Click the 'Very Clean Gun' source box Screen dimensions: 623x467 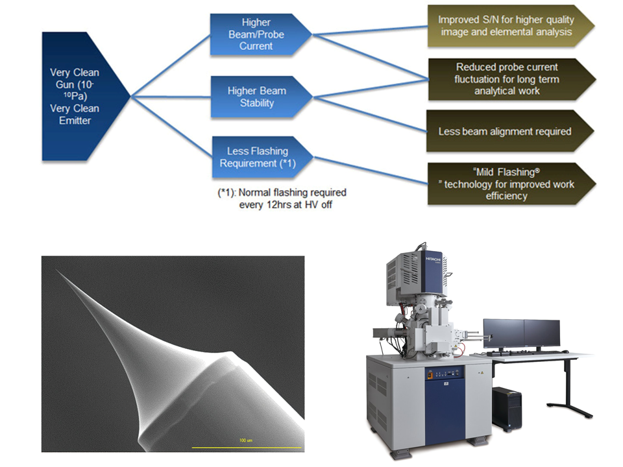click(x=79, y=97)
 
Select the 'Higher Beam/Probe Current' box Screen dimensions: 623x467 click(x=258, y=34)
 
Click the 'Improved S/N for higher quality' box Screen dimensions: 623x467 click(x=509, y=26)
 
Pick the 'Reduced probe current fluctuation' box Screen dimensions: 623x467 click(x=510, y=79)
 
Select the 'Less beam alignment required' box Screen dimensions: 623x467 click(x=509, y=131)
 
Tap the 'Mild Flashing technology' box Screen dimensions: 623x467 click(x=510, y=184)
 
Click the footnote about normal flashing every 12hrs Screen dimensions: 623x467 click(x=282, y=198)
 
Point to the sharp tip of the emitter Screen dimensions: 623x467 click(x=56, y=270)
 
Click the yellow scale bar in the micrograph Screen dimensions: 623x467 click(x=247, y=448)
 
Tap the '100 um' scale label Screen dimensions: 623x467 click(x=245, y=440)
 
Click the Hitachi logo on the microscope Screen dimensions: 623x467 click(x=433, y=259)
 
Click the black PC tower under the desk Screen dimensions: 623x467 click(x=507, y=409)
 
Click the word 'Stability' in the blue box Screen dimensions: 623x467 click(x=257, y=103)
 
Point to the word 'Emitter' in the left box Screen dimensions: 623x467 click(x=75, y=121)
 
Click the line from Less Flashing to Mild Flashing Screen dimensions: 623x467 click(x=371, y=171)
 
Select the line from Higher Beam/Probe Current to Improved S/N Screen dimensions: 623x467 click(x=371, y=30)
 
